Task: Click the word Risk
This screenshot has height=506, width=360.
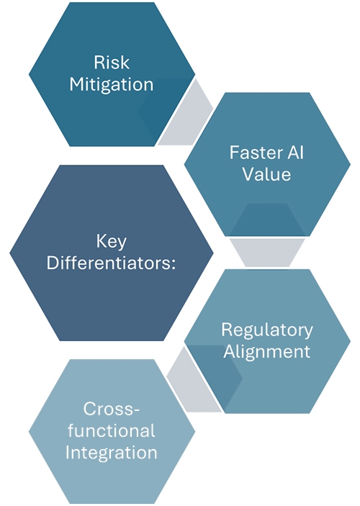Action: [x=112, y=63]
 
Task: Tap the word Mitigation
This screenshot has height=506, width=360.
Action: [x=112, y=85]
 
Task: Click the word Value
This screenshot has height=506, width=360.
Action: [x=266, y=174]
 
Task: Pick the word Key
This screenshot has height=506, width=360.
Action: [x=112, y=242]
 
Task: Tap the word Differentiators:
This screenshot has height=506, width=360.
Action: [x=112, y=263]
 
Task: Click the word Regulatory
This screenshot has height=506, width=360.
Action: [x=267, y=330]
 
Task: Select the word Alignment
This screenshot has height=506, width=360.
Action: [x=267, y=352]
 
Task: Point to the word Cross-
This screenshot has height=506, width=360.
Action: [x=112, y=409]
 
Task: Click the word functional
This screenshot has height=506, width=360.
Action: [x=112, y=430]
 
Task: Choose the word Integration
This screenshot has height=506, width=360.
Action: [x=112, y=453]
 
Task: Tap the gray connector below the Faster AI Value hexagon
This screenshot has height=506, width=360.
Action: [x=267, y=253]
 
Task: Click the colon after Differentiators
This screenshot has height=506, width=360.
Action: [x=174, y=264]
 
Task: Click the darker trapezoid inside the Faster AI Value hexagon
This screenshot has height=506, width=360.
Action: [x=267, y=220]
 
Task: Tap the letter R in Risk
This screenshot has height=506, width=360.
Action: [x=99, y=63]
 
